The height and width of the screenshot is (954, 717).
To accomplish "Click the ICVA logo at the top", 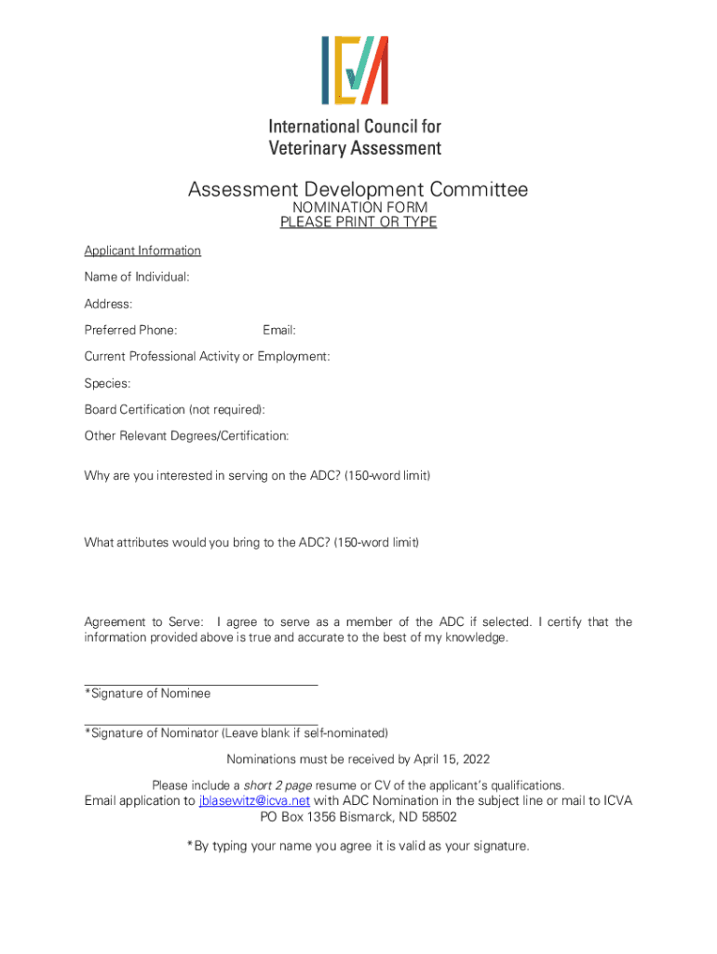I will click(x=355, y=70).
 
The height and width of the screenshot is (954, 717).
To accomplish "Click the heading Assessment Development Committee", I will click(x=358, y=190).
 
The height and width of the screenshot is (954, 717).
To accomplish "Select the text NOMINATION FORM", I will click(x=359, y=207).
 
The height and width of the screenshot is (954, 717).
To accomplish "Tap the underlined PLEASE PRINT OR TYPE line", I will click(x=358, y=222).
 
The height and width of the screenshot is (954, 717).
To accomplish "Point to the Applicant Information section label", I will click(x=142, y=251).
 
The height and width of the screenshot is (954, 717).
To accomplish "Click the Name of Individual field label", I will click(x=137, y=277).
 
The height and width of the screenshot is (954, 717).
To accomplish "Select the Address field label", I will click(x=108, y=304).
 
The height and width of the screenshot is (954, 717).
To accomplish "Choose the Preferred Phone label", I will click(x=130, y=330).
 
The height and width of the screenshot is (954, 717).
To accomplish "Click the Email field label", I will click(x=279, y=330).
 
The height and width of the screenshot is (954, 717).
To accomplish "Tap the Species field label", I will click(x=107, y=383).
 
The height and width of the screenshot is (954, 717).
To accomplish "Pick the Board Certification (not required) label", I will click(x=174, y=409).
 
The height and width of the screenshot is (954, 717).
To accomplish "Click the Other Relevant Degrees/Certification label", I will click(x=186, y=435).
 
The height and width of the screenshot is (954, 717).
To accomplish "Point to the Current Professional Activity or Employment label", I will click(x=207, y=356).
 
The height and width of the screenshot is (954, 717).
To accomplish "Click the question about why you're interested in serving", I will click(x=257, y=475).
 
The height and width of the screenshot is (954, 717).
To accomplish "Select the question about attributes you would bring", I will click(x=251, y=541).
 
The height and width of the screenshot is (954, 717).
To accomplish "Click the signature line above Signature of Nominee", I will click(x=201, y=685).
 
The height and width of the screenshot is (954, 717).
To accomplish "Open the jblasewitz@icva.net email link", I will click(x=254, y=800).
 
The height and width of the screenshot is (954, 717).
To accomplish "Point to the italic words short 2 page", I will click(x=278, y=785).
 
